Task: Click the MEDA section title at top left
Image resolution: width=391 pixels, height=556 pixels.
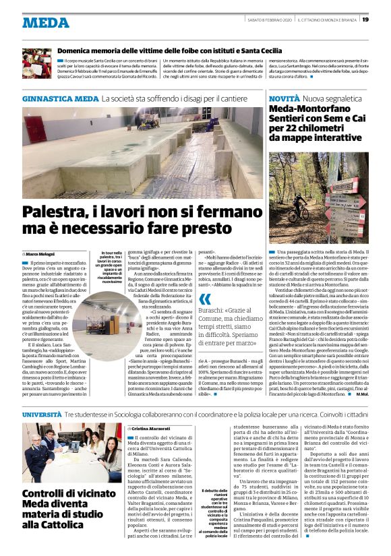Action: [46, 22]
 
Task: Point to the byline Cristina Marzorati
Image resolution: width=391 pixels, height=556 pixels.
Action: [150, 429]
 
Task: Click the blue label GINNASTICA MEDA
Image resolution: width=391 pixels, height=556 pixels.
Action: [60, 99]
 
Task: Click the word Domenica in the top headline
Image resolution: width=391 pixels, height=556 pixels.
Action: [80, 51]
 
